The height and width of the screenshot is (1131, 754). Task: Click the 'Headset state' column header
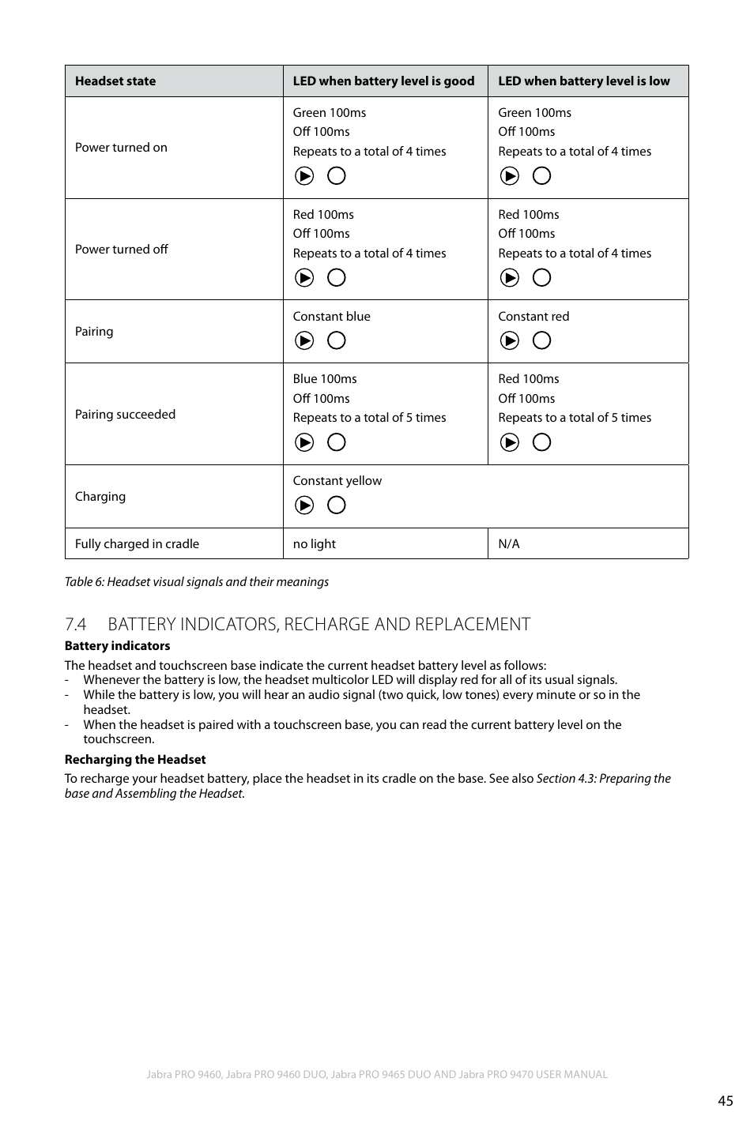tap(115, 81)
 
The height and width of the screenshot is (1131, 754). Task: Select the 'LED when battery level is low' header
tap(583, 81)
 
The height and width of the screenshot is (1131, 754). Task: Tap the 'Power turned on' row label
tap(121, 147)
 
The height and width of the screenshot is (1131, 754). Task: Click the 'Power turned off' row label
tap(122, 249)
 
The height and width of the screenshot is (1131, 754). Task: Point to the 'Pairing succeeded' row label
tap(125, 414)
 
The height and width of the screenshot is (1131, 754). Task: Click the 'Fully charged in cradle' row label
tap(137, 543)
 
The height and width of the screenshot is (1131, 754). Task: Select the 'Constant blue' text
tap(331, 316)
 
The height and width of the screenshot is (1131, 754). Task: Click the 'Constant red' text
tap(533, 316)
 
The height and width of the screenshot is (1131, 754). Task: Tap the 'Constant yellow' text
tap(337, 480)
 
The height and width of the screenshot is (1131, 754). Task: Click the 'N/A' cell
tap(509, 543)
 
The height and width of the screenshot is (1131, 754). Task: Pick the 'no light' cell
tap(314, 543)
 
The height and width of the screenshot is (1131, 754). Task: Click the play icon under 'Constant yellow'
tap(304, 505)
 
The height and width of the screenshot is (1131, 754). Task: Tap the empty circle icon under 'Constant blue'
tap(337, 340)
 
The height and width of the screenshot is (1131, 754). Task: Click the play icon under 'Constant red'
tap(510, 340)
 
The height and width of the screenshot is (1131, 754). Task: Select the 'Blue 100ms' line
tap(325, 378)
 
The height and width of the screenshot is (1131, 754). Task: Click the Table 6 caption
tap(197, 581)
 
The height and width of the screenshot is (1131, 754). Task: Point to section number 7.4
tap(75, 624)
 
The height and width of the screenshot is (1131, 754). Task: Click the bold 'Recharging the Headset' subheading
tap(135, 759)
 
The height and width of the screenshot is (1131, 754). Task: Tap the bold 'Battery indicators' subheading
tap(117, 645)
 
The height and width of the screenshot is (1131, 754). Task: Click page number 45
tap(725, 1100)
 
